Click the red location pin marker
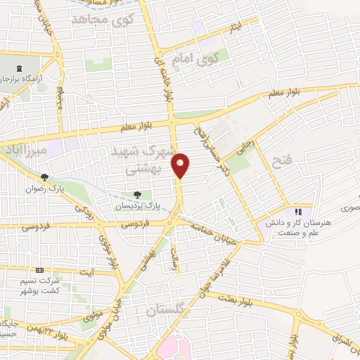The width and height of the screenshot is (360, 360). pos(181,165)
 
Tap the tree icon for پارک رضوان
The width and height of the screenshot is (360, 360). pos(44,177)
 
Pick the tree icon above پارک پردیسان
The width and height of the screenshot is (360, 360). pos(136,195)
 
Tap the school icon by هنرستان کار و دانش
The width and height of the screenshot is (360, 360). pos(298,211)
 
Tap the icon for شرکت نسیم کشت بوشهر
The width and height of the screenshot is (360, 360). pos(39,270)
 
